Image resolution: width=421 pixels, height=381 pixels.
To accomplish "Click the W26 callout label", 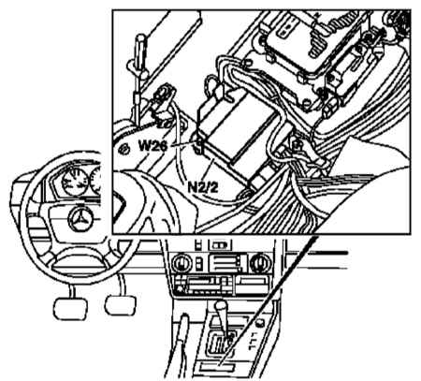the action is coord(153,145).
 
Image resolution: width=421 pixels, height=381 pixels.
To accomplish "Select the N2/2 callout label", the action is coord(203,187).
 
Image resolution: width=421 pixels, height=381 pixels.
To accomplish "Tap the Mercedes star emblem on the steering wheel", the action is coord(80,219).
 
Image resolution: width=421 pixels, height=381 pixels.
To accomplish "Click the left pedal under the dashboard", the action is coord(70,308).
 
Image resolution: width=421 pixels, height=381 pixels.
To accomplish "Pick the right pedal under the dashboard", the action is coord(121,304).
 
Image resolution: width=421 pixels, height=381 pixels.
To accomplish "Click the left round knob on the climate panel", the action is coord(181,263).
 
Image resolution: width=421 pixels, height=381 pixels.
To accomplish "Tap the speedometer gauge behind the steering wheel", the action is coord(74,183).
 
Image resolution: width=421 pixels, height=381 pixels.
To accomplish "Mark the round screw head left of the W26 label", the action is coord(123,150).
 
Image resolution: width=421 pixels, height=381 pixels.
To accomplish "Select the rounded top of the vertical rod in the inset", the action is coord(140,40).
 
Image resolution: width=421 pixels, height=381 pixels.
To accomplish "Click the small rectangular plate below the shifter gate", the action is coord(217,366).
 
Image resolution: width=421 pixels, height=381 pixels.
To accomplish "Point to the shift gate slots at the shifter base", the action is coord(220,343).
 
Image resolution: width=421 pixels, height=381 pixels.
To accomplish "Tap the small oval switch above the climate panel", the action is coord(220,244).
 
